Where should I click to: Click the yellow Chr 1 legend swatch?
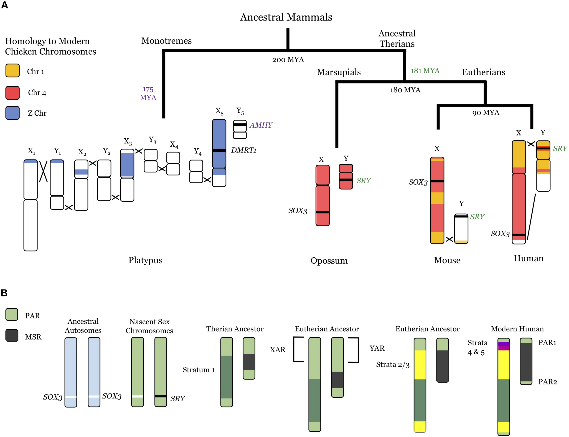coord(13,71)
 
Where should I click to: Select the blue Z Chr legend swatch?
coord(13,113)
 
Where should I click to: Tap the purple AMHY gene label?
coord(261,125)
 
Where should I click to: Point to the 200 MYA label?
coord(288,60)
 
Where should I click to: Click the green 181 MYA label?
coord(425,71)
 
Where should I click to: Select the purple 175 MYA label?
coord(148,93)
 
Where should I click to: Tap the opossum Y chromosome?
coord(346,177)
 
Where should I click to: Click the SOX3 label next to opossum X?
coord(298,211)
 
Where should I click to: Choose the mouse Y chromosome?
coord(461,229)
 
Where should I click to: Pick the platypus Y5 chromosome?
coord(239,129)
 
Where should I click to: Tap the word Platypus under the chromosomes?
coord(145,260)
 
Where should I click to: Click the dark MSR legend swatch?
coord(12,335)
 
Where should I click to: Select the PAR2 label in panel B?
coord(547,382)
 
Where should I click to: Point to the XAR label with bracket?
coord(277,349)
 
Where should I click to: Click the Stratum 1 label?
coord(198,370)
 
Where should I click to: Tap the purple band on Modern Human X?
coord(503,344)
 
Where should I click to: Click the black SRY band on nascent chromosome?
coord(160,396)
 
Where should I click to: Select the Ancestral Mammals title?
coord(286,17)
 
